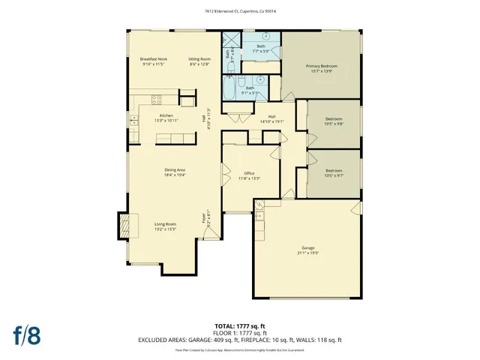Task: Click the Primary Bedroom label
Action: pos(321,66)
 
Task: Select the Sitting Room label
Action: pos(199,58)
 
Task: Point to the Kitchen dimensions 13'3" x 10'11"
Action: pos(166,120)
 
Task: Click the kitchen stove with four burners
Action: pos(157,98)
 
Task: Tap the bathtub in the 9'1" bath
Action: pos(227,91)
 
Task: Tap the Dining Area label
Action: pos(175,170)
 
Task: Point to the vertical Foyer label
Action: pos(203,219)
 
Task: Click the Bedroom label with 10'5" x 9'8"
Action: pos(334,119)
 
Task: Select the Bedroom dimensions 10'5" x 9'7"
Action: pos(334,175)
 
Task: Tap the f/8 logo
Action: pos(26,334)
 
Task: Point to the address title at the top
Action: pos(240,10)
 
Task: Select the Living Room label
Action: pos(165,224)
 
